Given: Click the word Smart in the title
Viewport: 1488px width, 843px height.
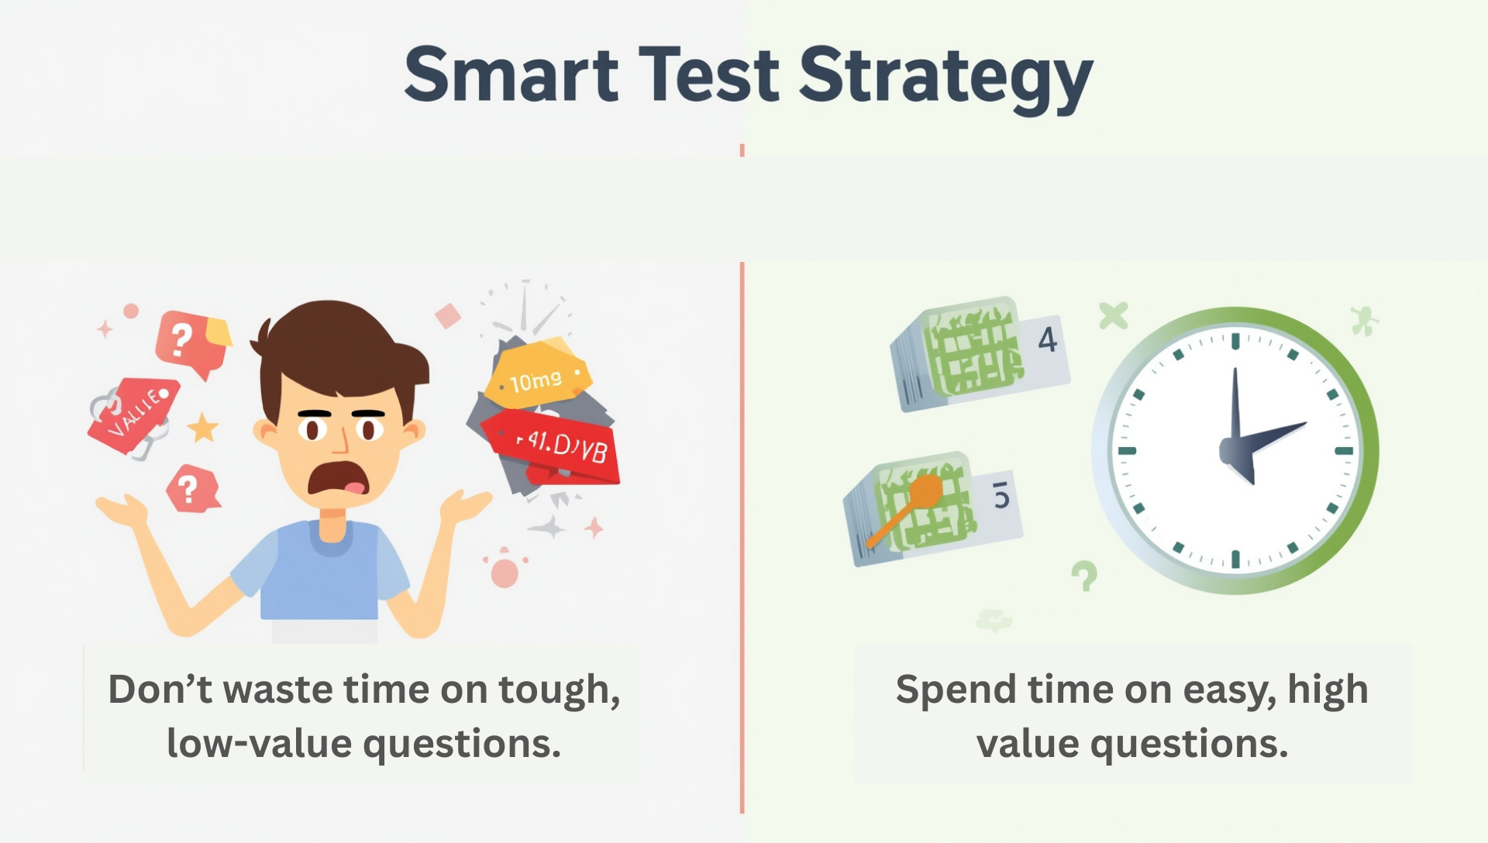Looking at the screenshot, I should pyautogui.click(x=511, y=75).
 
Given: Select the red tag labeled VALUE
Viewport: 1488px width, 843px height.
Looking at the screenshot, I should pyautogui.click(x=133, y=413).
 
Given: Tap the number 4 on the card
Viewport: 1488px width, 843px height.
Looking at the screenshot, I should pyautogui.click(x=1047, y=340).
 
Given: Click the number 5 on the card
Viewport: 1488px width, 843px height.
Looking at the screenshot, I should pyautogui.click(x=1001, y=495).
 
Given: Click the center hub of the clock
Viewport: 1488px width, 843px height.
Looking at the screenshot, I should pyautogui.click(x=1235, y=450).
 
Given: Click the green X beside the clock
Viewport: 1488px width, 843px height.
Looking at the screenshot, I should pyautogui.click(x=1113, y=315).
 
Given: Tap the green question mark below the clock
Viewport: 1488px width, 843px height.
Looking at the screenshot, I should pyautogui.click(x=1084, y=576).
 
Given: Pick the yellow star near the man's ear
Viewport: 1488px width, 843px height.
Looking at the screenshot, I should pyautogui.click(x=203, y=427).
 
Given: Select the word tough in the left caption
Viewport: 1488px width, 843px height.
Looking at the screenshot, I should pyautogui.click(x=559, y=690).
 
